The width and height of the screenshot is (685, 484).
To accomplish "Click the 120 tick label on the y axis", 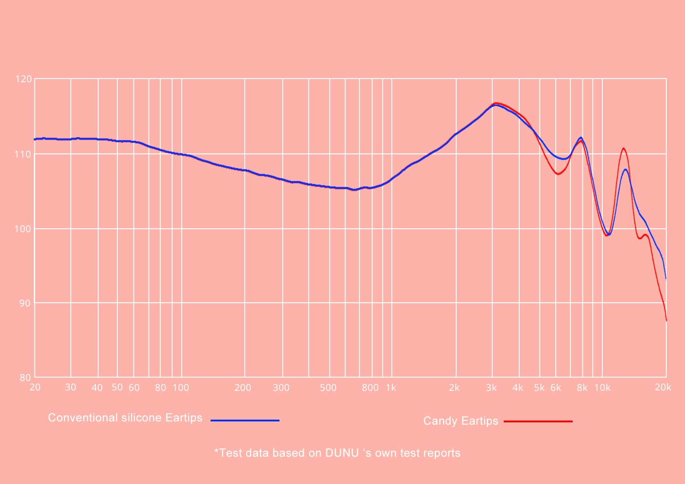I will (24, 79).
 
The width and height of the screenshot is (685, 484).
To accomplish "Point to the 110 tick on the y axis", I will (24, 154).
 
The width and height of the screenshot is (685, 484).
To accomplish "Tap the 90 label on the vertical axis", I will (25, 303).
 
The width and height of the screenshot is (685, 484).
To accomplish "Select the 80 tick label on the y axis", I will (25, 378).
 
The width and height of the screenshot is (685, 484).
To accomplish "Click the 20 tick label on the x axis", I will (35, 387).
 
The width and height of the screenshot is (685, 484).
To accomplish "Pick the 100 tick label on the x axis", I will (181, 388).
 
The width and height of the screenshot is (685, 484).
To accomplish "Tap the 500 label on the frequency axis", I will (328, 388).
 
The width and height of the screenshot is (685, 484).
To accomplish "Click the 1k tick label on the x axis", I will (391, 388).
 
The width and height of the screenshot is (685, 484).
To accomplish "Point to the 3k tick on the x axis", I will (491, 388).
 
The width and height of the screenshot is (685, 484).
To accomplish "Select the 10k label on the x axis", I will (602, 388).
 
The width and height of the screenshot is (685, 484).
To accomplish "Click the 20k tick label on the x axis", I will (663, 387).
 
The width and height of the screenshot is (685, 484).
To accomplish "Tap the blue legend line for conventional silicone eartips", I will (245, 420).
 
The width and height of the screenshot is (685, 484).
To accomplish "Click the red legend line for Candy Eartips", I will (538, 421).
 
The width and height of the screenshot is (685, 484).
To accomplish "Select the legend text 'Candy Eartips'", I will (460, 421).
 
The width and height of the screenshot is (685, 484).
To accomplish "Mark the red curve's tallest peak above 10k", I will (623, 148).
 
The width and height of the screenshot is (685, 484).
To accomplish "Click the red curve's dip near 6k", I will (558, 174).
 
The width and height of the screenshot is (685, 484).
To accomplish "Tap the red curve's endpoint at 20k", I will (666, 321).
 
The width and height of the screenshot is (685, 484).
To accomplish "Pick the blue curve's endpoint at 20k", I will (666, 278).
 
